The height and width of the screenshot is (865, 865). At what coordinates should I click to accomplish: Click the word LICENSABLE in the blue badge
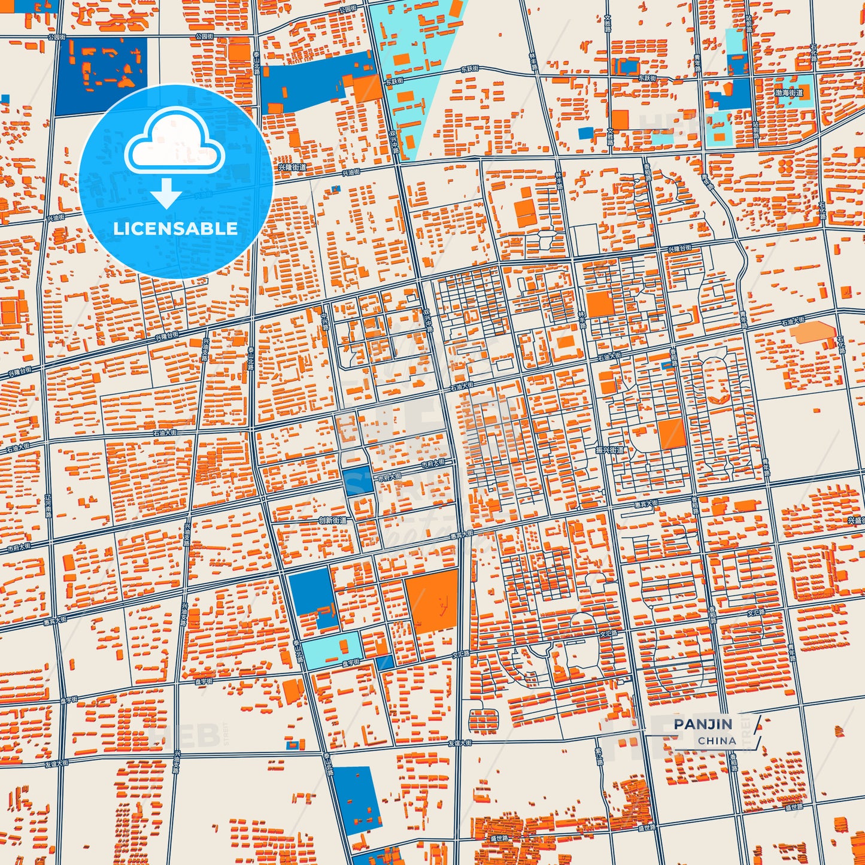click(x=175, y=229)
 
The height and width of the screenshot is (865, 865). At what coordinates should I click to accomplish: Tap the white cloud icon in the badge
click(x=174, y=144)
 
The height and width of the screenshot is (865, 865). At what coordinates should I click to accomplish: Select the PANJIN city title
click(x=703, y=724)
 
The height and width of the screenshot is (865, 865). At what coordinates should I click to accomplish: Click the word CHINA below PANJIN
click(x=717, y=740)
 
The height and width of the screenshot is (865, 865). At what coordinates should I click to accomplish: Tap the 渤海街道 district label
click(x=789, y=93)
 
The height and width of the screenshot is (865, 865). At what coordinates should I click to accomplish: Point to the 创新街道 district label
click(x=332, y=520)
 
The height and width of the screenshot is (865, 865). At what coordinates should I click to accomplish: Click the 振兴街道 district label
click(x=609, y=450)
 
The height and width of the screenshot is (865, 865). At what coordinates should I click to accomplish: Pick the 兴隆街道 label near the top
click(x=292, y=168)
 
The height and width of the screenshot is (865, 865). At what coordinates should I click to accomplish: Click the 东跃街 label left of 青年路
click(x=647, y=78)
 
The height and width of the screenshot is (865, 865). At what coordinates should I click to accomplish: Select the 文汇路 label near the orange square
click(x=461, y=654)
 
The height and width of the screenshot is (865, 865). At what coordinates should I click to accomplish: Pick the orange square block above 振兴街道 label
click(x=671, y=433)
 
